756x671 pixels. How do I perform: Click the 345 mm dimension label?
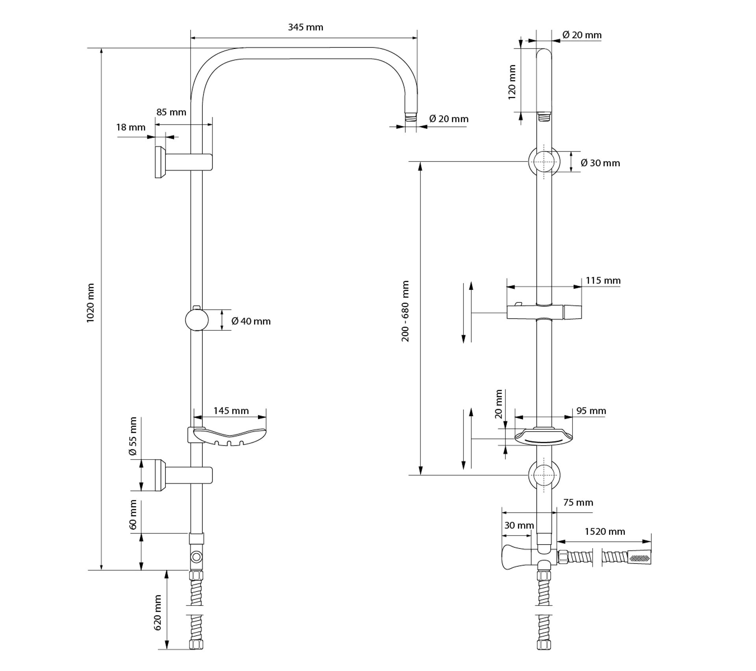coord(305,27)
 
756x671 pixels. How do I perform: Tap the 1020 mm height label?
coord(91,303)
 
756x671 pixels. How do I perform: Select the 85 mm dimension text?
coord(171,112)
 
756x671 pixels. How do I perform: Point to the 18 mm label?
coord(131,127)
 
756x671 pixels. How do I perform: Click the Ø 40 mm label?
coord(251,321)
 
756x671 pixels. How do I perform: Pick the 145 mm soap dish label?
coord(231,411)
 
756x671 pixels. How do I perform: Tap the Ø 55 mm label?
coord(133,436)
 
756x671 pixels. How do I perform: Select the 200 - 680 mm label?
coord(405,311)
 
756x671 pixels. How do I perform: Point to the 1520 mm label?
coord(605,532)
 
